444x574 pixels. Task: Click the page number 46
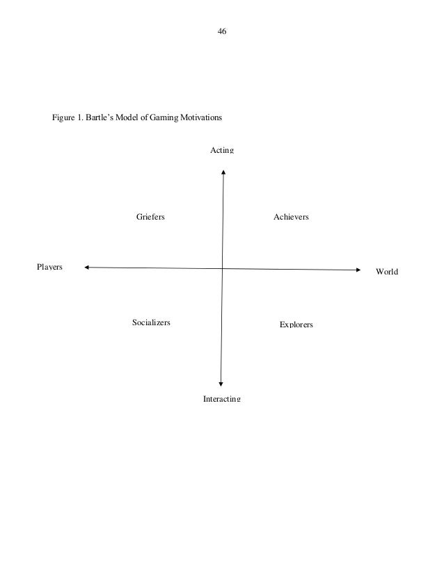coord(222,31)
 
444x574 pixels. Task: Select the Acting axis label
coord(222,151)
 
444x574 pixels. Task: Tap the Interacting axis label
coord(221,399)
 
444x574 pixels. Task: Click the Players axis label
coord(49,266)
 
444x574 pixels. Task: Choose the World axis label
coord(387,271)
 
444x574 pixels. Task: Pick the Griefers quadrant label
coord(150,217)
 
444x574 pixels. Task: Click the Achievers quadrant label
coord(291,217)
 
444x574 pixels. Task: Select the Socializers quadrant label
coord(151,322)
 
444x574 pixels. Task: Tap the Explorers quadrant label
coord(296,325)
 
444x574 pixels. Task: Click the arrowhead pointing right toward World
coord(359,270)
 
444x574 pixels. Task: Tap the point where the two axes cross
coord(222,268)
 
